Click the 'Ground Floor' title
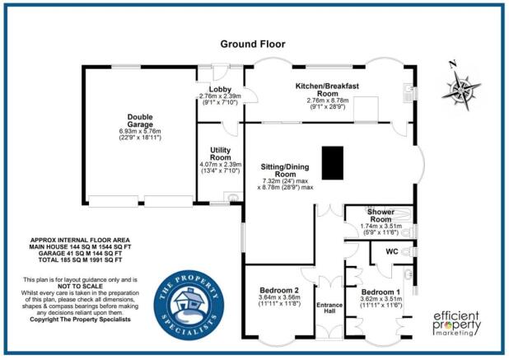click(x=254, y=44)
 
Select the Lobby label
click(x=220, y=90)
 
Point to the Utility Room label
click(x=220, y=152)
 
